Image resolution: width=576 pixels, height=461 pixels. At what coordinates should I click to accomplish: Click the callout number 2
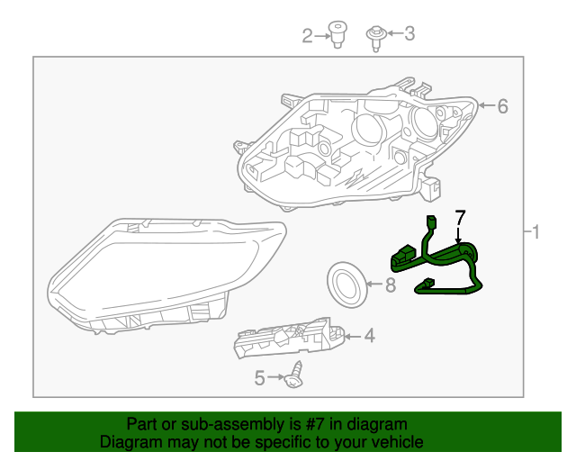click(307, 35)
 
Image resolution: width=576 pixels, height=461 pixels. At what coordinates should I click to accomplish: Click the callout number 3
click(409, 34)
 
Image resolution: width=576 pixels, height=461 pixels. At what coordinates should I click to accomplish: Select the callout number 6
click(502, 106)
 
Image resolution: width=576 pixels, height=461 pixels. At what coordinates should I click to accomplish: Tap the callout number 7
click(460, 217)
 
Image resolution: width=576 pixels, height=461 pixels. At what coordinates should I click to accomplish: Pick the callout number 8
click(390, 286)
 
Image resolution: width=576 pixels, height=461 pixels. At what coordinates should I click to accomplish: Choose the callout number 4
click(369, 337)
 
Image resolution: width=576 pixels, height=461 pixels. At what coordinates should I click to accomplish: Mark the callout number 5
click(260, 378)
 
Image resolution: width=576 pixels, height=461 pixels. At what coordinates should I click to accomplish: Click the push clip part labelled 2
click(337, 34)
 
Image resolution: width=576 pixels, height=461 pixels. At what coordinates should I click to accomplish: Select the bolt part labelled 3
click(376, 36)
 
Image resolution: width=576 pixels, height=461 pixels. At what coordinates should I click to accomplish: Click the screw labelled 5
click(292, 376)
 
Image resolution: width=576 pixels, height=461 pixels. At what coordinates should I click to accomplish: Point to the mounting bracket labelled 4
click(288, 340)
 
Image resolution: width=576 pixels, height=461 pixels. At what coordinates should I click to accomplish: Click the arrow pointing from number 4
click(352, 337)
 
